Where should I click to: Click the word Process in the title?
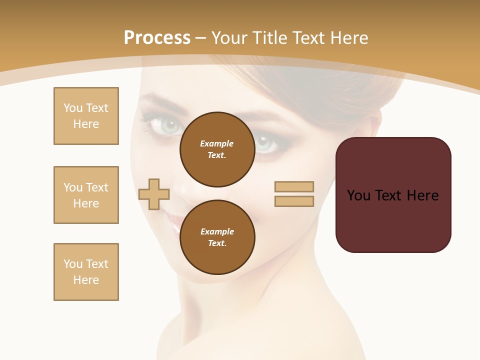click(x=157, y=38)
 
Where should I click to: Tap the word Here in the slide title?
click(x=347, y=38)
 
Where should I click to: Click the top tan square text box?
click(x=86, y=116)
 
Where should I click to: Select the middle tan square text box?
click(x=86, y=195)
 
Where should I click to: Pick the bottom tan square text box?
click(x=86, y=272)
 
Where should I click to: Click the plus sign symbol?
click(x=154, y=194)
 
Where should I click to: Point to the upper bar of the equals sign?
click(x=294, y=186)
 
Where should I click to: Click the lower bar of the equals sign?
click(x=294, y=201)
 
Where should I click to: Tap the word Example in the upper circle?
click(x=217, y=143)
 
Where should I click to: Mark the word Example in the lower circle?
click(x=217, y=231)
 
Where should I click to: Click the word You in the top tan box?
click(x=73, y=108)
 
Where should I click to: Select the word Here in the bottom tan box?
click(x=86, y=280)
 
